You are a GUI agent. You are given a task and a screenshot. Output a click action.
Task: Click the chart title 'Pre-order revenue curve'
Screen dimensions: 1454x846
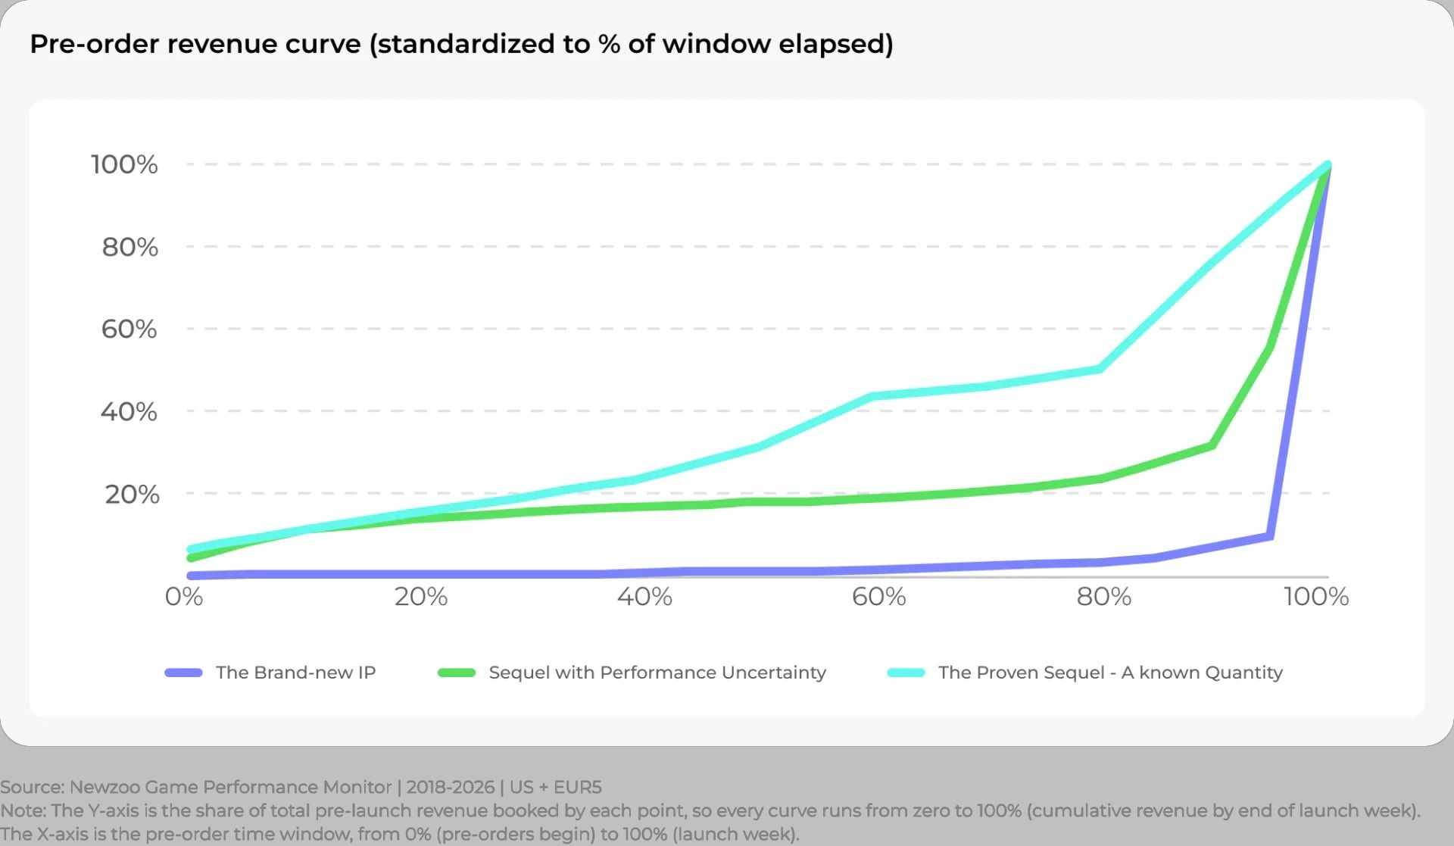pos(195,44)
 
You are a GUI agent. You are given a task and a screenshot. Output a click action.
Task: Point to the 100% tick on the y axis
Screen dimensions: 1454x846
pos(124,164)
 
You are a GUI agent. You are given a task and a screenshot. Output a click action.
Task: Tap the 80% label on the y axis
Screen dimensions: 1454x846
pos(130,247)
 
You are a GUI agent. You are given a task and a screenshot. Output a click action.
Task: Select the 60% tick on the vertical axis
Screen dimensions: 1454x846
pos(129,329)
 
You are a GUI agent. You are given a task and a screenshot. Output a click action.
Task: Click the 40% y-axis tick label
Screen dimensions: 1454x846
pos(129,411)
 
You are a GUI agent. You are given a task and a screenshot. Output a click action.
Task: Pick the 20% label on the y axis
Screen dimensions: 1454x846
pos(132,494)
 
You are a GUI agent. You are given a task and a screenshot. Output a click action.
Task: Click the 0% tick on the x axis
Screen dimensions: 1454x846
pos(184,597)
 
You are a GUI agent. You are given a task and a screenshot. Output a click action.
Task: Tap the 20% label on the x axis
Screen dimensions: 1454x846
pos(421,597)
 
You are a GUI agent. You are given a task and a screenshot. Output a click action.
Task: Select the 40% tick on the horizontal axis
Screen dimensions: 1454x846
pos(644,597)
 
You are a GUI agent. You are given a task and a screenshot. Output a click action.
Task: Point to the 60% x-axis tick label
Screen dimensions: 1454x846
pos(878,597)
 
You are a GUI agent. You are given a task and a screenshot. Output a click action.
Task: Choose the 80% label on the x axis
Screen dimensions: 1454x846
pos(1104,597)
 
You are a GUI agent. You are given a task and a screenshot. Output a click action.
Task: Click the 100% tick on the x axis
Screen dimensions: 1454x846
pos(1316,597)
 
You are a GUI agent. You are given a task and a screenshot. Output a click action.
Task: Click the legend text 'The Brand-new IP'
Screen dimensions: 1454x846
pos(295,673)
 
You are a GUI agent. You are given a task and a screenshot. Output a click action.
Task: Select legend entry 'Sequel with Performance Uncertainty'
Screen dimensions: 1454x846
pos(657,673)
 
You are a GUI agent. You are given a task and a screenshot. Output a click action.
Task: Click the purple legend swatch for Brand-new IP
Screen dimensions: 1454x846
pos(184,673)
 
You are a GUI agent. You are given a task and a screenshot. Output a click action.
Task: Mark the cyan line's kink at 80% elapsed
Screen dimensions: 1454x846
pos(1100,369)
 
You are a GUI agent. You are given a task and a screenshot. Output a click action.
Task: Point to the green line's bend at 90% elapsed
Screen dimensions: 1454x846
pos(1212,445)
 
